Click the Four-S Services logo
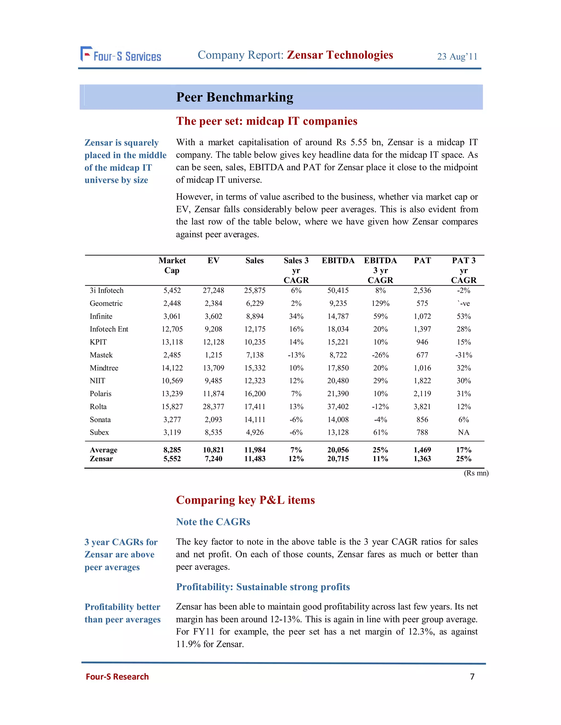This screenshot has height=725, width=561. click(x=121, y=55)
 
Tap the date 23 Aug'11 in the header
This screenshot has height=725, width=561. click(x=457, y=56)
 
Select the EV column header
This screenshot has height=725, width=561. click(x=213, y=260)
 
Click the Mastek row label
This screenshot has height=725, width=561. click(x=101, y=355)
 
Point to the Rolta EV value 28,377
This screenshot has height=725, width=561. click(x=213, y=407)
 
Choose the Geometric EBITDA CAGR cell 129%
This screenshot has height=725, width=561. click(x=380, y=303)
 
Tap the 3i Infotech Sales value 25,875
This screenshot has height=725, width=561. click(x=254, y=291)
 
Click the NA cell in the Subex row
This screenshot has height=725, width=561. click(x=463, y=432)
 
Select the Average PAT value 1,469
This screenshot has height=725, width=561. click(x=422, y=450)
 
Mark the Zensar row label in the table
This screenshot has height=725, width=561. click(x=101, y=459)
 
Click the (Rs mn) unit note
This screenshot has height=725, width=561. click(x=476, y=473)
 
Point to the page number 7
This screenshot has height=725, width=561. click(x=472, y=677)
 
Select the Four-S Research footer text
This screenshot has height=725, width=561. click(x=117, y=677)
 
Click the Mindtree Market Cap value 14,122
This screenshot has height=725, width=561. click(x=172, y=368)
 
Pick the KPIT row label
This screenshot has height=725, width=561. click(x=98, y=342)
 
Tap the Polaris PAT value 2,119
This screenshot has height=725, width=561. click(x=422, y=394)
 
